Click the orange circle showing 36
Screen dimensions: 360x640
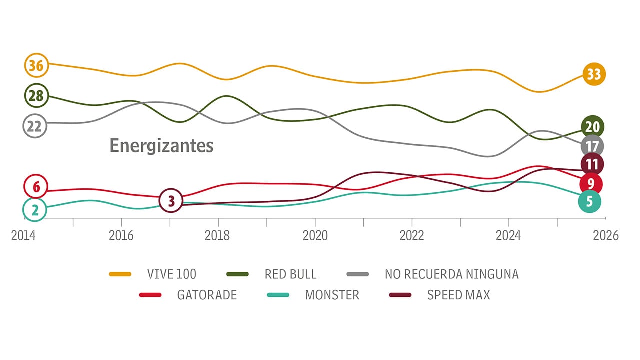(36, 65)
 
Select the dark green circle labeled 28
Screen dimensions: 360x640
(36, 96)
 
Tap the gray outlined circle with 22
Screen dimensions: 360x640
(35, 126)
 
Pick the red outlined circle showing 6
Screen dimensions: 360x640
(36, 187)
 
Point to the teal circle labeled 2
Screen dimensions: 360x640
(35, 210)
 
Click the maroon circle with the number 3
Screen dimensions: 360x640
(171, 201)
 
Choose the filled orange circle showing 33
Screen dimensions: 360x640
(593, 74)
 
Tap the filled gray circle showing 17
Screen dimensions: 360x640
(592, 146)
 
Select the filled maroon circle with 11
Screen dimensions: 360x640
(592, 164)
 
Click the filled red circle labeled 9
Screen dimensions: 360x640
(591, 184)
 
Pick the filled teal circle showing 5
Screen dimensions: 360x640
(589, 201)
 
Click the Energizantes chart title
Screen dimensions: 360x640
(161, 146)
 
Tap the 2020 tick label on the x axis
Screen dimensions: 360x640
(315, 235)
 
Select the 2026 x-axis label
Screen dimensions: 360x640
(605, 235)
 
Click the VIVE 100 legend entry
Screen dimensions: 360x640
(171, 274)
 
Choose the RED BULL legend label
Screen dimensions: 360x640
(290, 274)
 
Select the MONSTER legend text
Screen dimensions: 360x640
(332, 295)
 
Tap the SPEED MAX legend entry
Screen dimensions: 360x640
(458, 295)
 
